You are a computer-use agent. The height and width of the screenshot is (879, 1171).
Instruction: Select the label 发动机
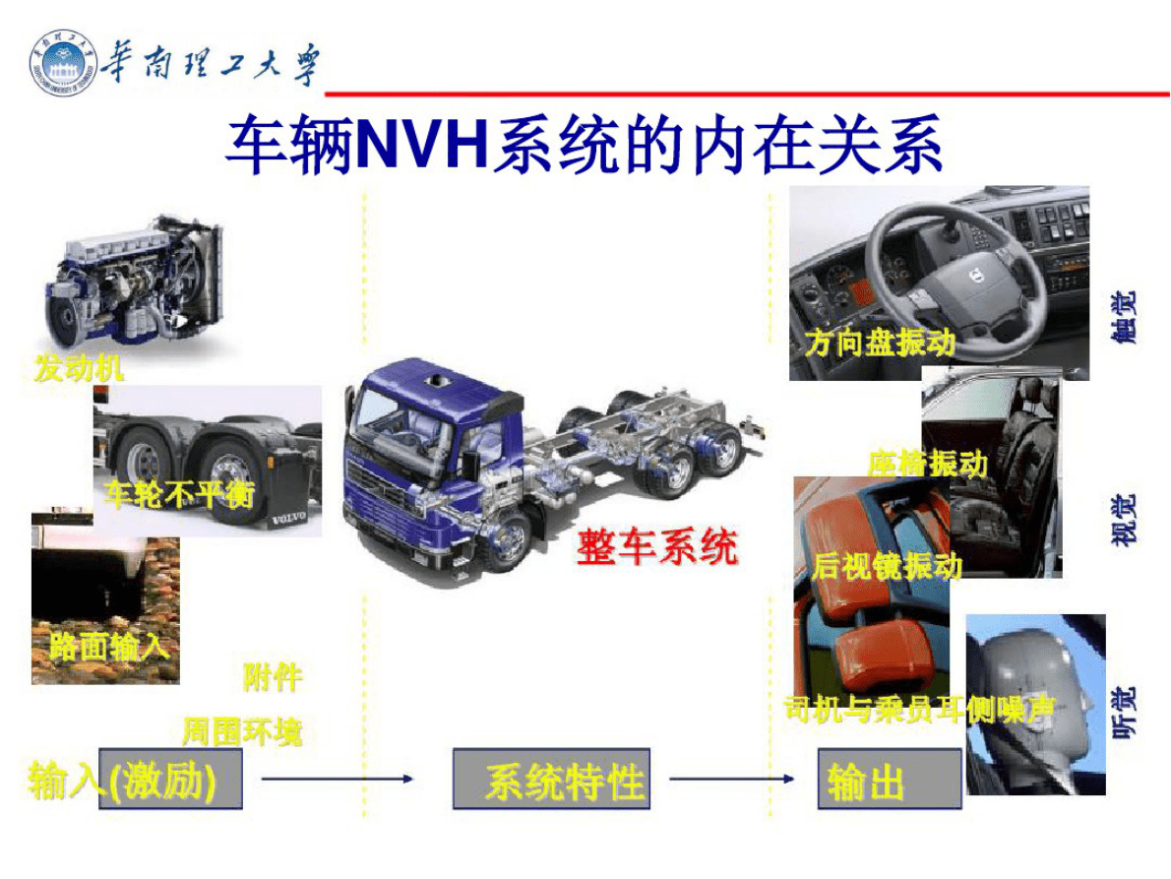[x=79, y=369]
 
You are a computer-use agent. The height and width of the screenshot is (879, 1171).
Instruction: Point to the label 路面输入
[x=108, y=646]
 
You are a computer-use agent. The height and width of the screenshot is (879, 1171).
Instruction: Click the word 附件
[x=273, y=677]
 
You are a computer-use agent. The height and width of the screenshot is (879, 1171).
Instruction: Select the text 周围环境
[x=241, y=732]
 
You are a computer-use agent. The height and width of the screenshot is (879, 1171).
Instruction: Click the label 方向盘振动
[x=879, y=343]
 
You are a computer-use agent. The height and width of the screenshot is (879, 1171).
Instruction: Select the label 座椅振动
[x=927, y=463]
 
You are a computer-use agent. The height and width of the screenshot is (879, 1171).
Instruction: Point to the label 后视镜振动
[x=886, y=566]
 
